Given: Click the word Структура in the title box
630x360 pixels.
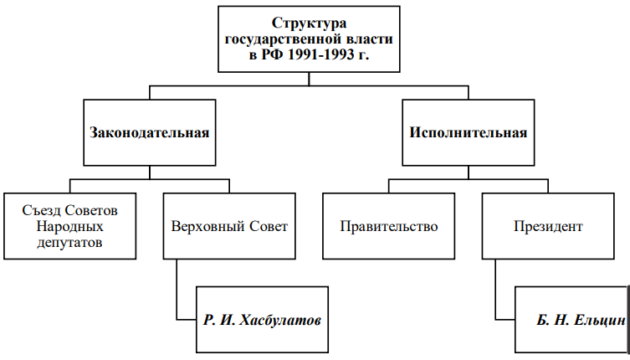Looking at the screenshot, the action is click(x=309, y=23).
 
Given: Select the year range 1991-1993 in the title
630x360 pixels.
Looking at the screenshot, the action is click(x=321, y=54).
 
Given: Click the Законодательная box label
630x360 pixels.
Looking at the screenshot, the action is click(x=150, y=133).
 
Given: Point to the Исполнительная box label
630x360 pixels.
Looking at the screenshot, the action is click(x=468, y=132).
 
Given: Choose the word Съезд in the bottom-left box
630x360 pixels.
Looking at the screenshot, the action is click(x=41, y=210).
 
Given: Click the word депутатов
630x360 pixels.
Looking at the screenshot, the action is click(x=69, y=243).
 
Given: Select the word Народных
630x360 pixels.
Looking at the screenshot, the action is click(x=70, y=226).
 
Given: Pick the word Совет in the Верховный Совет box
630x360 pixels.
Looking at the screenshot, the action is click(x=269, y=226).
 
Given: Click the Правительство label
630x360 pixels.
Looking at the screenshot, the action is click(x=389, y=226).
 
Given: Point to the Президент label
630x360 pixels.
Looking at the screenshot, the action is click(x=548, y=226).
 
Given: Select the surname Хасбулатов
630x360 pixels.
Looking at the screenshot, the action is click(x=280, y=320).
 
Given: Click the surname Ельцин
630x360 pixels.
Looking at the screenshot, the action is click(x=600, y=320).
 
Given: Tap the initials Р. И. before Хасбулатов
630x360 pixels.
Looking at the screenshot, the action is click(x=219, y=320).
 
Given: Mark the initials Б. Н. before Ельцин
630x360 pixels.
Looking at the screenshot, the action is click(x=553, y=320).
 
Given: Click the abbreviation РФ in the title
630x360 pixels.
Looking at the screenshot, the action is click(x=273, y=54).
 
